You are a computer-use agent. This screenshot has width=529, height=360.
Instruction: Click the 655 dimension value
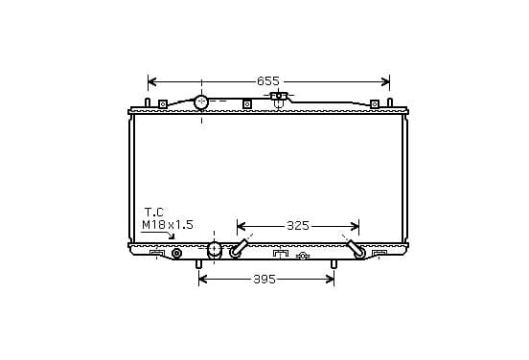pyautogui.click(x=268, y=80)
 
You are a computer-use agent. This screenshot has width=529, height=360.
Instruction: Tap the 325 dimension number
pyautogui.click(x=298, y=226)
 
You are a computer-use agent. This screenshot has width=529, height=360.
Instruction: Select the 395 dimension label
pyautogui.click(x=264, y=280)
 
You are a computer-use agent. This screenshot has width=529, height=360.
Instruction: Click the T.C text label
pyautogui.click(x=154, y=213)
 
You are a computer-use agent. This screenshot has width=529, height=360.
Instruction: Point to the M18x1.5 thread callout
pyautogui.click(x=168, y=225)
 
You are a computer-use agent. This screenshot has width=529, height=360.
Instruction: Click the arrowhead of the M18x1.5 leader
pyautogui.click(x=172, y=236)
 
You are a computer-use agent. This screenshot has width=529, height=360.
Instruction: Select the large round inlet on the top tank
pyautogui.click(x=201, y=102)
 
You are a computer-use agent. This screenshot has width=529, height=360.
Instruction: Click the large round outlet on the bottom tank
pyautogui.click(x=215, y=250)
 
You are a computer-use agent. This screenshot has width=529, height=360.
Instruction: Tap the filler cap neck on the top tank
pyautogui.click(x=279, y=99)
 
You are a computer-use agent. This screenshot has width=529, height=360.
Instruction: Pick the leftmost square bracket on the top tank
pyautogui.click(x=163, y=104)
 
